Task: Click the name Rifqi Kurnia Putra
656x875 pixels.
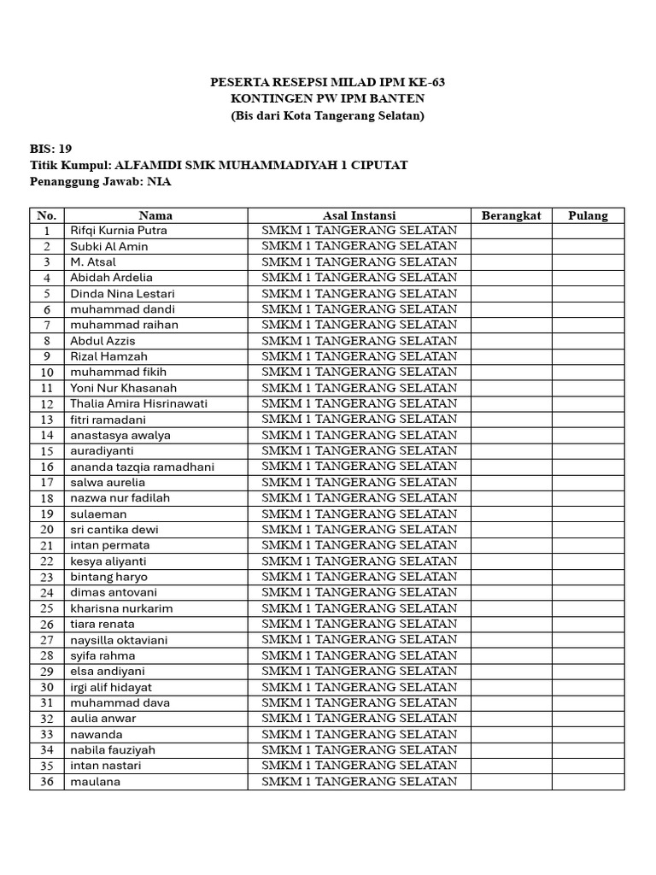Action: point(119,231)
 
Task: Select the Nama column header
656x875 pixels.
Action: point(155,215)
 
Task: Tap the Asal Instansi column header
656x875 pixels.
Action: point(359,215)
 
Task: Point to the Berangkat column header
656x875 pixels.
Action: point(511,215)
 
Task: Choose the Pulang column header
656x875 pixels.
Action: point(588,215)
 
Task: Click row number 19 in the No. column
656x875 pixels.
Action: point(47,514)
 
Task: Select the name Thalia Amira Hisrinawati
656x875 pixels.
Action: point(138,404)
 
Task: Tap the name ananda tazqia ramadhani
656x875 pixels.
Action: point(142,467)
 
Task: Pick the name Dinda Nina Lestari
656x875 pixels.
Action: point(122,294)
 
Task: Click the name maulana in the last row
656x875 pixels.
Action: point(95,782)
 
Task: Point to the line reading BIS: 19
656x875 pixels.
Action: point(51,149)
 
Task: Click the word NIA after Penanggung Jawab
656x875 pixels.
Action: point(159,181)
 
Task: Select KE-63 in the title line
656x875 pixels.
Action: point(426,83)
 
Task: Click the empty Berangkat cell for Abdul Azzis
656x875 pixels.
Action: point(511,341)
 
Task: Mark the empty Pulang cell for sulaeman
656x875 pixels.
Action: point(588,514)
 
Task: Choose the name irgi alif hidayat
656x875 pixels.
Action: point(111,687)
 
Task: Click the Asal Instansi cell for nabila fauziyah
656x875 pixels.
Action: point(359,750)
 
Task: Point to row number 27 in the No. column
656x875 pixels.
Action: point(47,640)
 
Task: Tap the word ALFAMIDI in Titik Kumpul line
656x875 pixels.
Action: point(152,165)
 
